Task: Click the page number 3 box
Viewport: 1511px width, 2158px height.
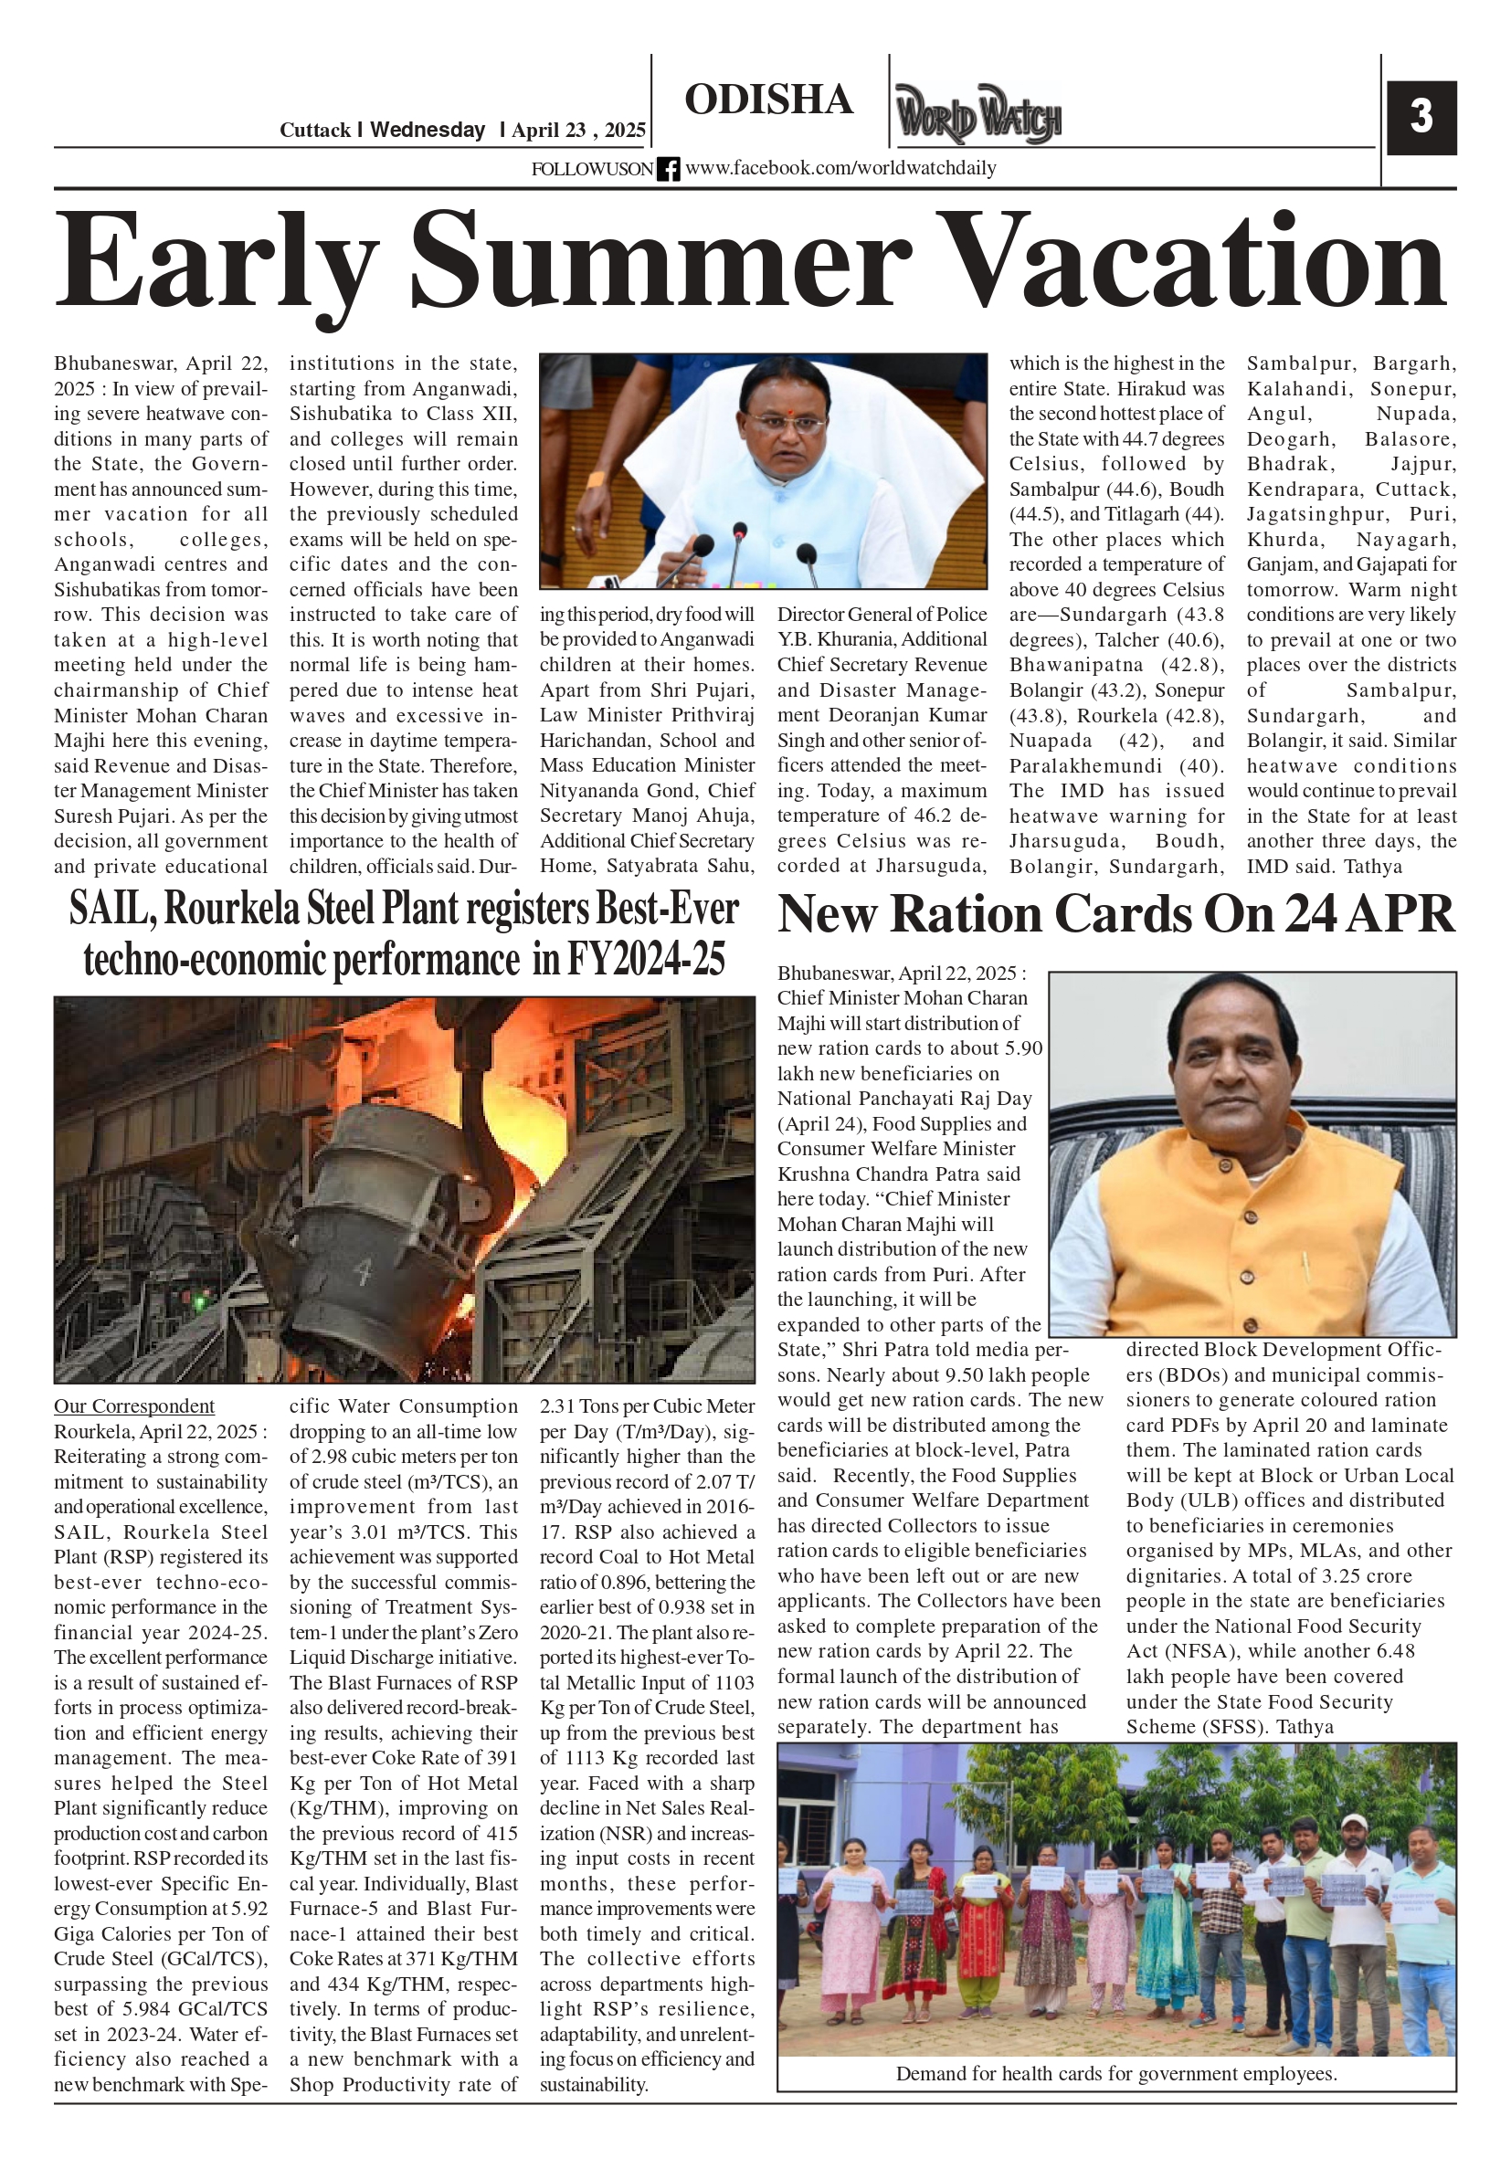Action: click(x=1421, y=118)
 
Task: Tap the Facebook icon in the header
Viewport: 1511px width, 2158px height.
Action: click(x=669, y=169)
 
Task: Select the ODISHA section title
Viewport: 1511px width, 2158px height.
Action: click(x=768, y=100)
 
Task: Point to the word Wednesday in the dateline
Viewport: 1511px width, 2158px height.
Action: click(x=427, y=131)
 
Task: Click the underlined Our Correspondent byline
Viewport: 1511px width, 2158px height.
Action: click(x=133, y=1406)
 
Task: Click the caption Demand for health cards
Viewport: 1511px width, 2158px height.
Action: click(x=1115, y=2073)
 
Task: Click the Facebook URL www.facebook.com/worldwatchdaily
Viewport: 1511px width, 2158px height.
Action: click(x=840, y=168)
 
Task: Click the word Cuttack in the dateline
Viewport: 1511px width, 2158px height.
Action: click(x=315, y=131)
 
